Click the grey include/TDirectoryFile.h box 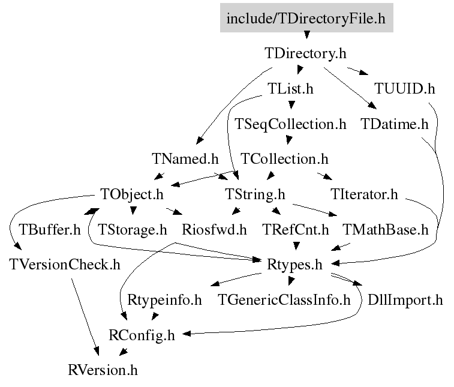click(306, 17)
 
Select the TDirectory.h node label click(305, 53)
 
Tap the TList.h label click(290, 89)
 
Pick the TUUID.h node click(405, 89)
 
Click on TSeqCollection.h click(290, 125)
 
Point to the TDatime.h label click(395, 124)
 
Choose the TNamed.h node click(185, 159)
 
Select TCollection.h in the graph click(285, 159)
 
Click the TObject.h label click(132, 194)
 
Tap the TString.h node click(255, 194)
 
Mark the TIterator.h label click(364, 194)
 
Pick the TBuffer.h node click(50, 230)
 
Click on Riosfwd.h click(214, 230)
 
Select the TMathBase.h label click(386, 230)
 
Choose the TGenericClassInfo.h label click(284, 300)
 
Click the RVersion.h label click(103, 370)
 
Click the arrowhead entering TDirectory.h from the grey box click(306, 35)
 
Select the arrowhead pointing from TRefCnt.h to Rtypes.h click(296, 246)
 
